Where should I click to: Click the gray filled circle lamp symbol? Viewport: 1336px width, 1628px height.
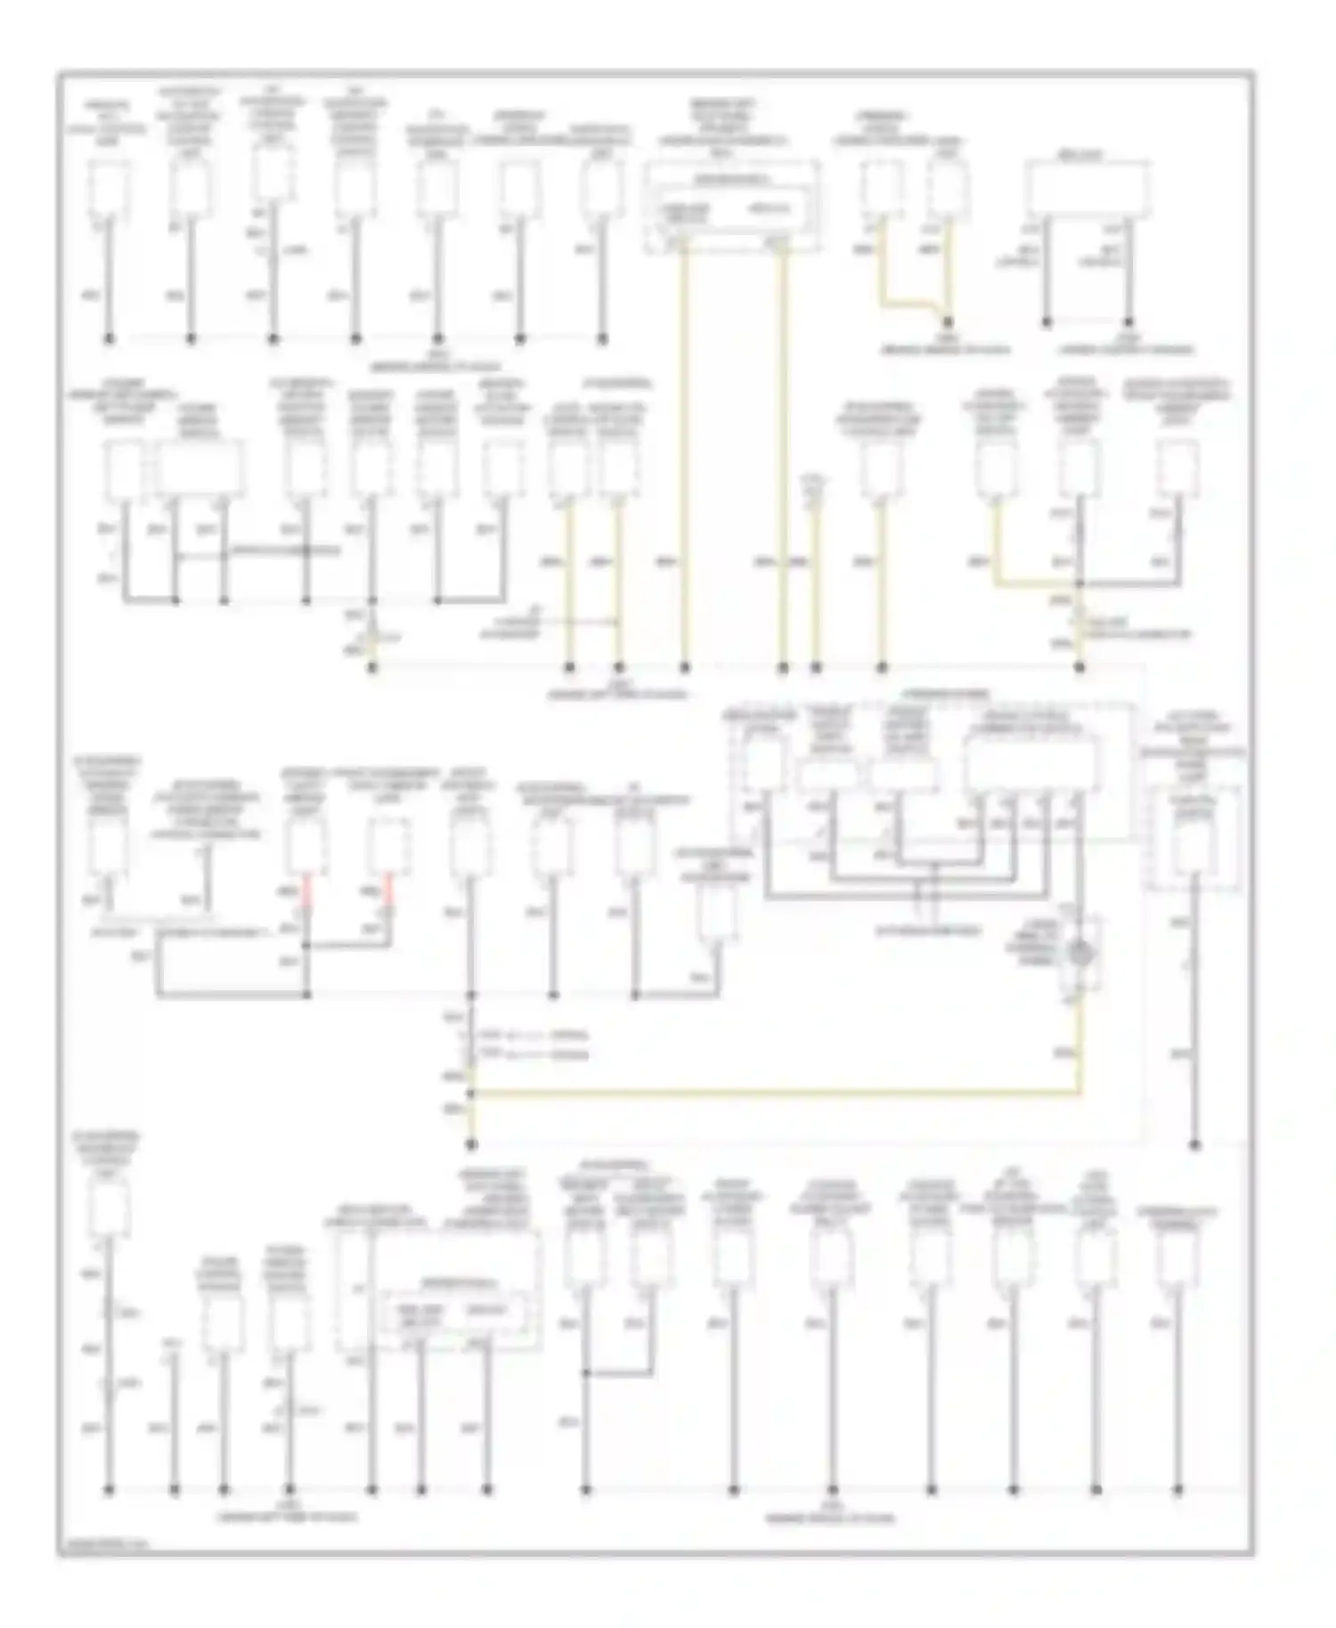(x=1080, y=954)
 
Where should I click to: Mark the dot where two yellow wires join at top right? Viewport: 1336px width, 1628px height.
(x=948, y=322)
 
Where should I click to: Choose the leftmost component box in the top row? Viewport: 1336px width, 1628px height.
(x=109, y=189)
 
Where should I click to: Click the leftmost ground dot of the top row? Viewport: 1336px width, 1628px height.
(x=110, y=338)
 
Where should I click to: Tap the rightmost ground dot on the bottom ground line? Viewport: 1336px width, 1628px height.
(x=1177, y=1488)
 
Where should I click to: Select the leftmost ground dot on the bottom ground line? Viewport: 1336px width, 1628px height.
(x=110, y=1488)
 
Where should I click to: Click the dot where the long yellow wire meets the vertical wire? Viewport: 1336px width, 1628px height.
(x=471, y=1092)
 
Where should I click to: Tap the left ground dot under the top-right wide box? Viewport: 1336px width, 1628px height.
(x=1047, y=322)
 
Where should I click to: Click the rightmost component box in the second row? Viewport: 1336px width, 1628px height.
(x=1177, y=468)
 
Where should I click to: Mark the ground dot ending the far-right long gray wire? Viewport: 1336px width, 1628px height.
(x=1194, y=1145)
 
